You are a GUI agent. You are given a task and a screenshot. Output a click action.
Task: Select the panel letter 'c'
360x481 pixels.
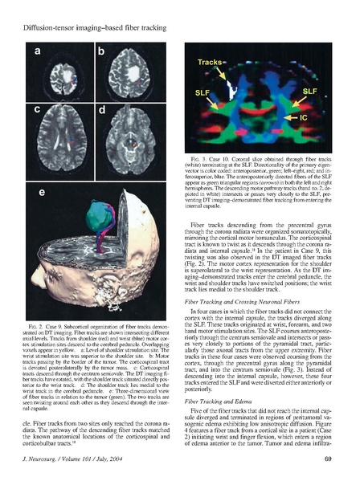pos(36,109)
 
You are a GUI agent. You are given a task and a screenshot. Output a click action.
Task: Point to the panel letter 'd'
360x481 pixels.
pos(101,109)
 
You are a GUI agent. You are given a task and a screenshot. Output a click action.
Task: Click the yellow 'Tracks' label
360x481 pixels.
pos(212,62)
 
